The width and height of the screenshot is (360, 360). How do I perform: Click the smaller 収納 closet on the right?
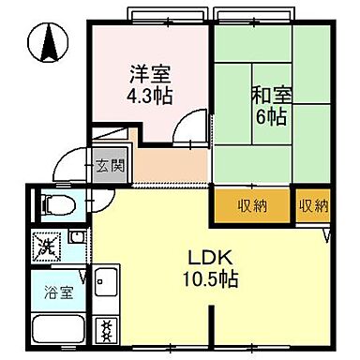pyautogui.click(x=314, y=205)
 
